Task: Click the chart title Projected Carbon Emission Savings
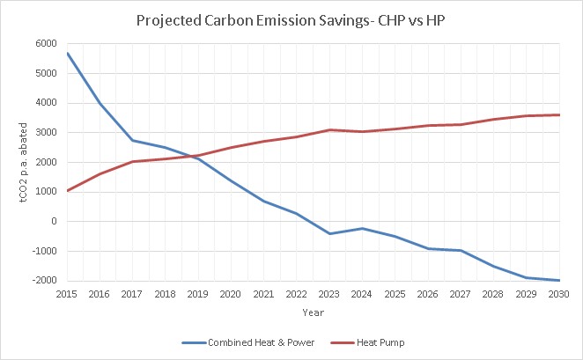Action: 291,20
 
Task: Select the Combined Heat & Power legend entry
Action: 234,341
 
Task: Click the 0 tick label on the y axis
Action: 53,222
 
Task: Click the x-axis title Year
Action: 314,312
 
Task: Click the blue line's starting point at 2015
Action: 67,53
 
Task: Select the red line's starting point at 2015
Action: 67,190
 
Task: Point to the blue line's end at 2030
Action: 560,280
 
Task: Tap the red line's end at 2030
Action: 560,114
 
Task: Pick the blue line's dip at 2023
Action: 329,233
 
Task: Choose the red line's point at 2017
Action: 133,161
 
